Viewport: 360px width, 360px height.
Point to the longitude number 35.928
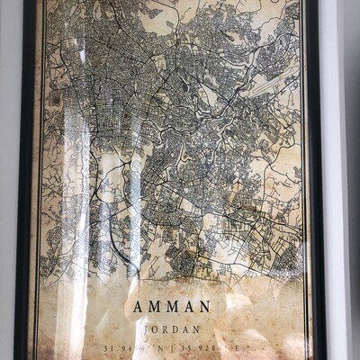(x=218, y=347)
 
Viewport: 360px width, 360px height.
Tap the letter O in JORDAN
(x=163, y=328)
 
